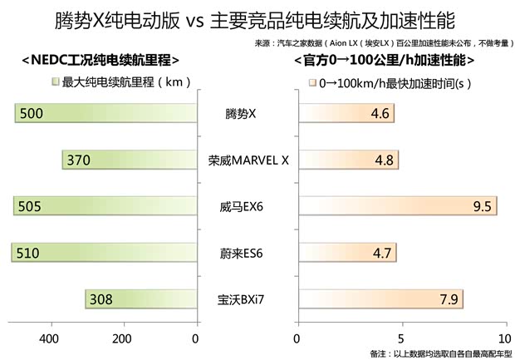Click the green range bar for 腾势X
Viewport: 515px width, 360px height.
(105, 113)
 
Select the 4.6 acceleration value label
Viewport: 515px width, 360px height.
(381, 113)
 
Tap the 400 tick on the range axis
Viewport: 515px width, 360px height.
(49, 338)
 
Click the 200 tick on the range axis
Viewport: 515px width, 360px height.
(122, 338)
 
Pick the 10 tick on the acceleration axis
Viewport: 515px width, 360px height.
(504, 338)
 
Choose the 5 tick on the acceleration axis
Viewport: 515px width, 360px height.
(401, 338)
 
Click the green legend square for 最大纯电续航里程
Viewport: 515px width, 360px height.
(56, 83)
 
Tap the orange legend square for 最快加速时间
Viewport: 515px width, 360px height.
(312, 83)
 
